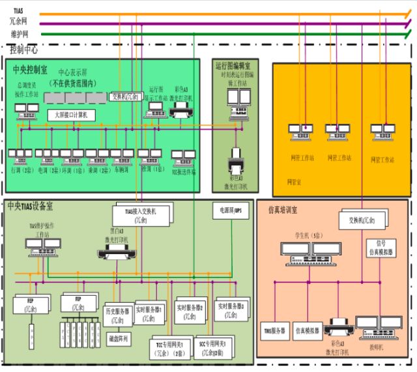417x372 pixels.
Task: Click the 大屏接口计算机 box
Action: tap(72, 115)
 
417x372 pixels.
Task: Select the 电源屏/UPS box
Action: tap(229, 210)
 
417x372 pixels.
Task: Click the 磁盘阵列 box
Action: tap(119, 338)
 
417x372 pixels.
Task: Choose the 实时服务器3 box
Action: tap(230, 308)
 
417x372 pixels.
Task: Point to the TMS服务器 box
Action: tap(274, 331)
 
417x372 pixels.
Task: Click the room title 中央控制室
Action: tap(30, 70)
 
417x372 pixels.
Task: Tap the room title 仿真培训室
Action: tap(282, 210)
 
